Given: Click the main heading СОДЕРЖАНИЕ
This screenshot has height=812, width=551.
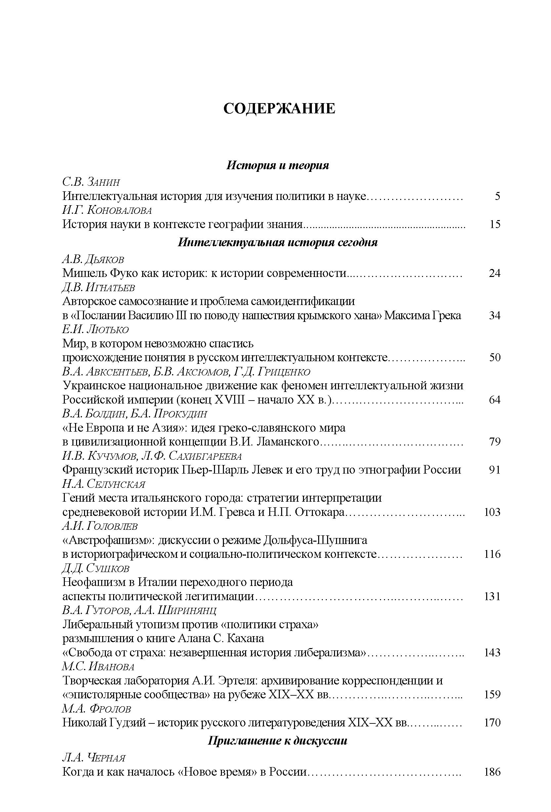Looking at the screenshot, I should tap(279, 109).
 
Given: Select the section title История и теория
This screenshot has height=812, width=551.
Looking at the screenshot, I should tap(278, 165).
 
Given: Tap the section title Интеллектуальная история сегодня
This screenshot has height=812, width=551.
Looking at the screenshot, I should tap(277, 242).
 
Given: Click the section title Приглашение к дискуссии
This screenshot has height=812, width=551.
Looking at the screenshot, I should tap(277, 740).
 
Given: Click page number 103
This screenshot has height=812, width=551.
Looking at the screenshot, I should tap(492, 512).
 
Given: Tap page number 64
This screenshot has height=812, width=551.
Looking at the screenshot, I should tap(495, 399).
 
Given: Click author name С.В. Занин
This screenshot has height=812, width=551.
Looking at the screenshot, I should tap(91, 182).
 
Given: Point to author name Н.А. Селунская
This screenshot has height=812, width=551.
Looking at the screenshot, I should tap(104, 484).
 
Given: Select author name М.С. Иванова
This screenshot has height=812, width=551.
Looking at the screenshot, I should tap(98, 666).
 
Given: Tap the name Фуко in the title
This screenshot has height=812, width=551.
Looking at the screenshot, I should tap(124, 273).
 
